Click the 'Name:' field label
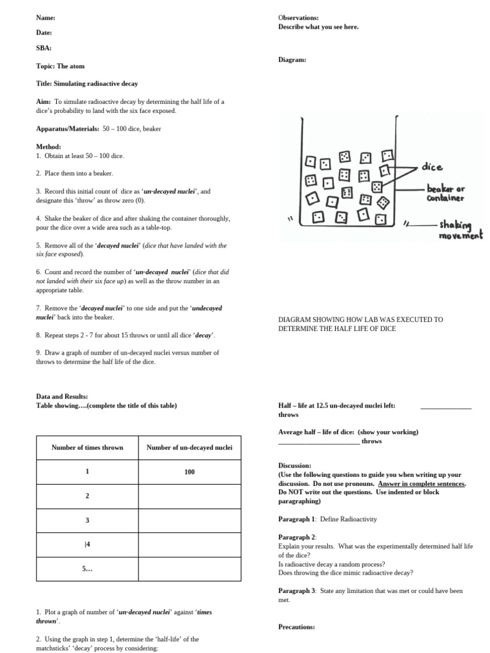(x=46, y=18)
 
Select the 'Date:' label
(x=44, y=33)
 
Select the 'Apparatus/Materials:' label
(x=67, y=128)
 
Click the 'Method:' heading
(x=48, y=147)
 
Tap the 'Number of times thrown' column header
(x=87, y=448)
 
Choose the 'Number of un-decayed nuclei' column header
(x=189, y=448)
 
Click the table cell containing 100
(x=189, y=472)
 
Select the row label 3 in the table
(x=87, y=520)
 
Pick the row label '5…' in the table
(x=87, y=569)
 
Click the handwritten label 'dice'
(x=431, y=167)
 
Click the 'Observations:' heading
(x=299, y=18)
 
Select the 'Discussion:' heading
(x=295, y=466)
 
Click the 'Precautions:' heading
(x=297, y=627)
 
